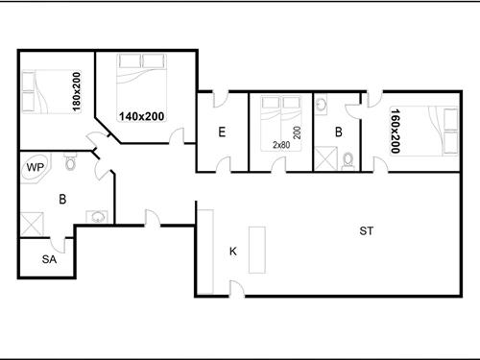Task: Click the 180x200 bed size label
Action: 77,92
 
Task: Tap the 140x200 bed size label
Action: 142,116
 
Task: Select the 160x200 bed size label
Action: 396,131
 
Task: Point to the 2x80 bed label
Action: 281,145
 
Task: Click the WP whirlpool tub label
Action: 36,167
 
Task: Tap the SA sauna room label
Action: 49,259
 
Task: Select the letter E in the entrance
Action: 222,132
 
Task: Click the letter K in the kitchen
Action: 233,252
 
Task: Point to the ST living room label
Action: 366,230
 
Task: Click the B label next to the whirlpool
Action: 62,199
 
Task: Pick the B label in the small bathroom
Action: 339,132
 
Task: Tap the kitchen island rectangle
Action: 257,250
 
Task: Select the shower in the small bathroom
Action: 325,158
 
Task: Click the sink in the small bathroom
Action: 321,104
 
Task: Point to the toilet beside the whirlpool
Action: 70,161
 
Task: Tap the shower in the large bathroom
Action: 32,224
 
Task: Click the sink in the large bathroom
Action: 97,217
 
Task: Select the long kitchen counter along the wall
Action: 205,252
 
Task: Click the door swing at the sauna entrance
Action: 59,246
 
